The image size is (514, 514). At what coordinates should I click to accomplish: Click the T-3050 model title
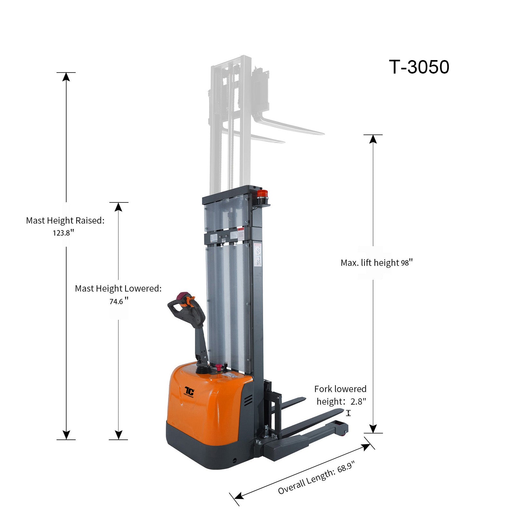[419, 67]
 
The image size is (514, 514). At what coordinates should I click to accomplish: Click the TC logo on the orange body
[189, 391]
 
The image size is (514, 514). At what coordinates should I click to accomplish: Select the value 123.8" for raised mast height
[64, 233]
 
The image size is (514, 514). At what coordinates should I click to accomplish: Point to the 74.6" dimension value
[119, 301]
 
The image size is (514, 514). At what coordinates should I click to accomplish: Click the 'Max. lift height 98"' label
[377, 262]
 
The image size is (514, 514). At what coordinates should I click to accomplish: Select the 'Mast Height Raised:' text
[65, 220]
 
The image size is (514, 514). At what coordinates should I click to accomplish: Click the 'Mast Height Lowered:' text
[118, 288]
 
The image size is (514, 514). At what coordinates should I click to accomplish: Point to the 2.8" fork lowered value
[358, 401]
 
